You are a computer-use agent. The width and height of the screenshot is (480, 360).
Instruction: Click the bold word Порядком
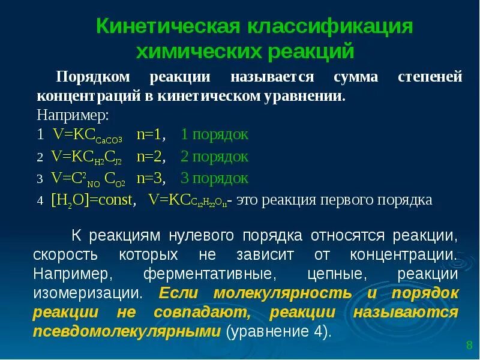pos(93,77)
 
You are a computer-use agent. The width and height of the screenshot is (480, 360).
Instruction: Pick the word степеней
pos(430,77)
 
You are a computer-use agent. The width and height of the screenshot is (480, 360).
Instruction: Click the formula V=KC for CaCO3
pos(88,135)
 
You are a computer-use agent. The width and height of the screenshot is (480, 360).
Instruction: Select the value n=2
pos(151,157)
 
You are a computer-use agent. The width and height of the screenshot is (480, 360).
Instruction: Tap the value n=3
pos(151,178)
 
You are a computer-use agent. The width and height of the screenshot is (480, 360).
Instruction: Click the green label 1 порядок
pos(214,134)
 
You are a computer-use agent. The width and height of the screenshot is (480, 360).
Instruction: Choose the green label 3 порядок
pos(214,178)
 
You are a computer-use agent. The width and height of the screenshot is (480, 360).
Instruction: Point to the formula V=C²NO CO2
pos(88,179)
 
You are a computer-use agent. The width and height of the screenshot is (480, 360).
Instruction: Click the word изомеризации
pos(88,293)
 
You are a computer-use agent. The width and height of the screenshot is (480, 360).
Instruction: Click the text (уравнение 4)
pos(278,332)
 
